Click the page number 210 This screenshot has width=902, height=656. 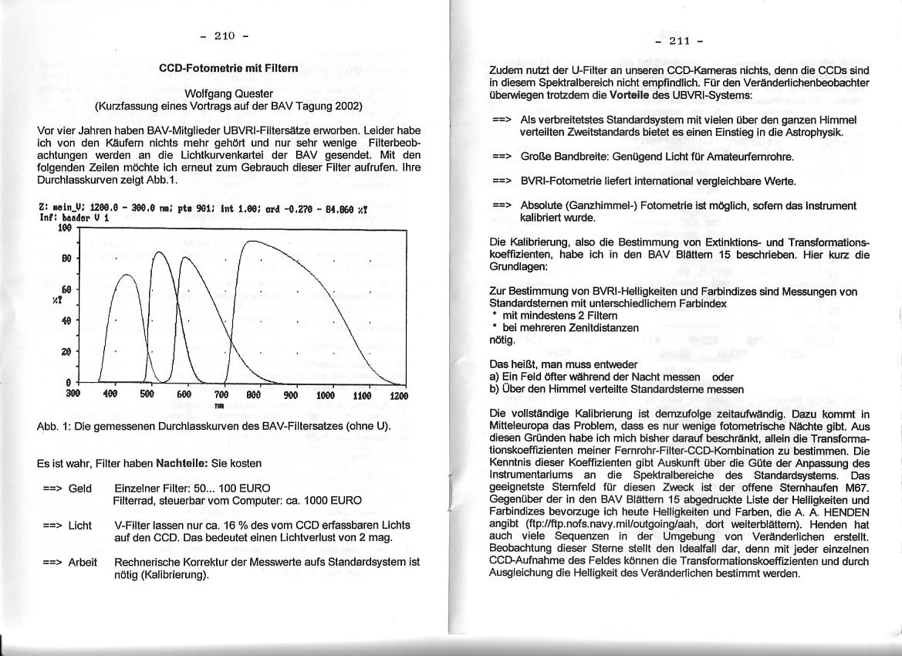pos(224,36)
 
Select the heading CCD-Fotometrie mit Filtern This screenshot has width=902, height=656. pos(228,69)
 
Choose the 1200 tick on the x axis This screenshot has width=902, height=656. pos(398,395)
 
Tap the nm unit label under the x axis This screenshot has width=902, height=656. pos(220,404)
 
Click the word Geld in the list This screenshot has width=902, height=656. pos(80,489)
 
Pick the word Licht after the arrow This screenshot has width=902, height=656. pos(80,525)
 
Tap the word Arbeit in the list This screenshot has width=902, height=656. pos(83,562)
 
